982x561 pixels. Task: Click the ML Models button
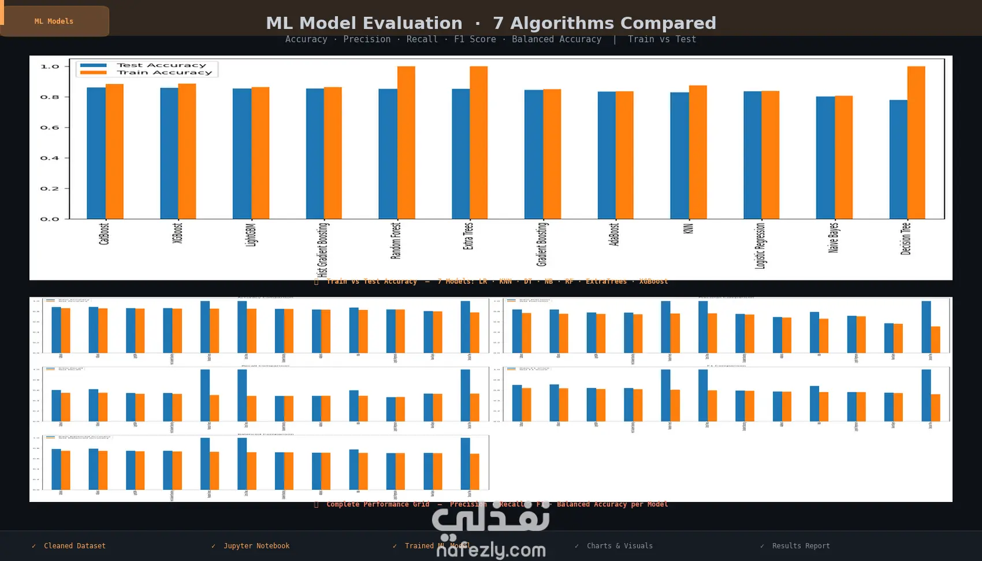(54, 21)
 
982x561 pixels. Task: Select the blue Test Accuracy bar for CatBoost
(96, 153)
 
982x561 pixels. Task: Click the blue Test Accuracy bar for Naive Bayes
(825, 157)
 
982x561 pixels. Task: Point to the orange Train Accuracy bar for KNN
(698, 152)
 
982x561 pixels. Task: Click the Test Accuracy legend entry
(161, 65)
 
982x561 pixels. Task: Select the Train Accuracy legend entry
(164, 73)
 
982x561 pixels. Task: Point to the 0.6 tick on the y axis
(50, 128)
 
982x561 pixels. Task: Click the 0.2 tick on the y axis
(50, 189)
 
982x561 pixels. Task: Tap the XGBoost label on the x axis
(177, 233)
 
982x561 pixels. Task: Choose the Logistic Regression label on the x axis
(760, 246)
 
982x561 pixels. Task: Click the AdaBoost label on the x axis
(614, 234)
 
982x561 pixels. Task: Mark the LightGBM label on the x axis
(251, 235)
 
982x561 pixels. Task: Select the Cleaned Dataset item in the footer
(75, 546)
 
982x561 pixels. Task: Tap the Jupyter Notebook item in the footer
(256, 546)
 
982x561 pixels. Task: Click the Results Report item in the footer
(800, 546)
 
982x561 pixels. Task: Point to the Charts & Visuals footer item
(619, 546)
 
